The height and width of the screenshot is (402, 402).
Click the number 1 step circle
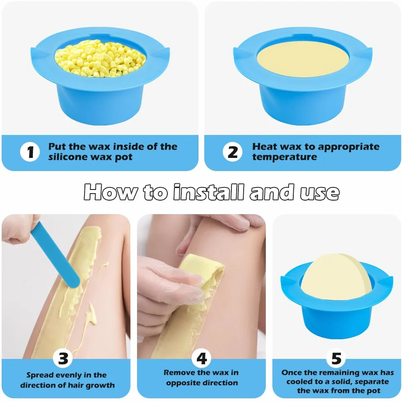coord(30,152)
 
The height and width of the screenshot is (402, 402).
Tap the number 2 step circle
coord(233,152)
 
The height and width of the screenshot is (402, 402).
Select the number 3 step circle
coord(63,359)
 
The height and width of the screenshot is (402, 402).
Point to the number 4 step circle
coord(201,359)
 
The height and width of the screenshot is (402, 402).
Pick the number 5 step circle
coord(337,359)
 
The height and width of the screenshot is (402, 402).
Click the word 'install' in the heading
coord(208,192)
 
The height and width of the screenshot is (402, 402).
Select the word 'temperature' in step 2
coord(285,157)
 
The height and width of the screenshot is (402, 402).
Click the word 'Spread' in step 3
coord(39,375)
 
